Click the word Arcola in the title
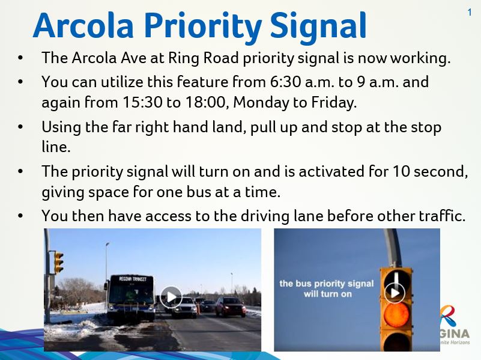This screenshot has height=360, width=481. [x=83, y=25]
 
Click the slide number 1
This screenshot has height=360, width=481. [x=470, y=13]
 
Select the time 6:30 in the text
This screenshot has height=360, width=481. [x=285, y=82]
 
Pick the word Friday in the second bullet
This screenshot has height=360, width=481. [x=334, y=103]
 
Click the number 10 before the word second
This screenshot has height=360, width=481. [x=402, y=171]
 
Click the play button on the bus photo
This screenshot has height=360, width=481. [x=171, y=297]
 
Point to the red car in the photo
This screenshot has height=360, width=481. [x=231, y=307]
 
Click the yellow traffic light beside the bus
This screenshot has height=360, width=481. [x=58, y=262]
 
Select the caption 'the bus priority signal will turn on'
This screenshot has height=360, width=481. [x=327, y=288]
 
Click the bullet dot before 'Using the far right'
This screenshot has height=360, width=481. [x=20, y=127]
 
